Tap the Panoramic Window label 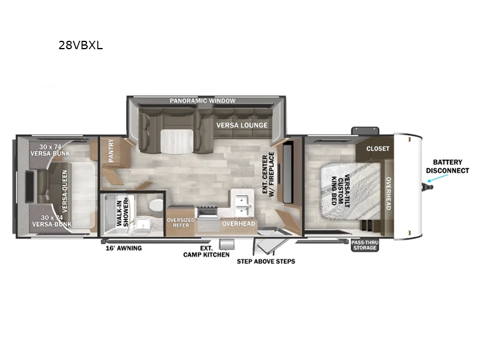click(202, 101)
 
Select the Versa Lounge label click(241, 125)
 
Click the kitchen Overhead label click(238, 224)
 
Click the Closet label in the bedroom click(378, 148)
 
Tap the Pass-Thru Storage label click(365, 245)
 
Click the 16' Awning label click(124, 248)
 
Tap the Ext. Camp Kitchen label click(206, 251)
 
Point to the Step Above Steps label click(266, 262)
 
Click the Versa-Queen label click(65, 193)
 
